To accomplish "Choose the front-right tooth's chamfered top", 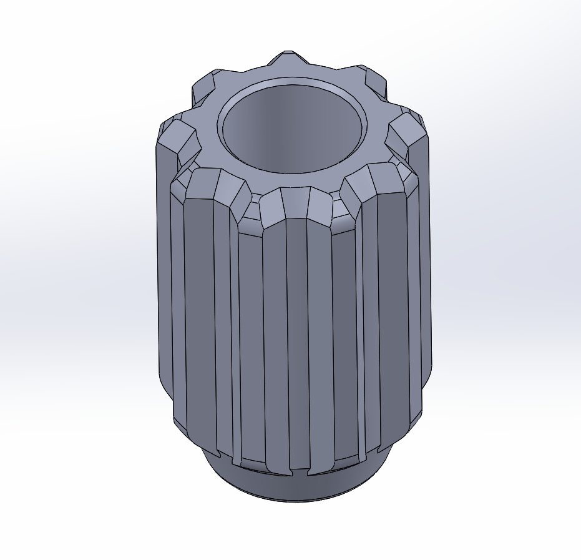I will coord(374,178).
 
